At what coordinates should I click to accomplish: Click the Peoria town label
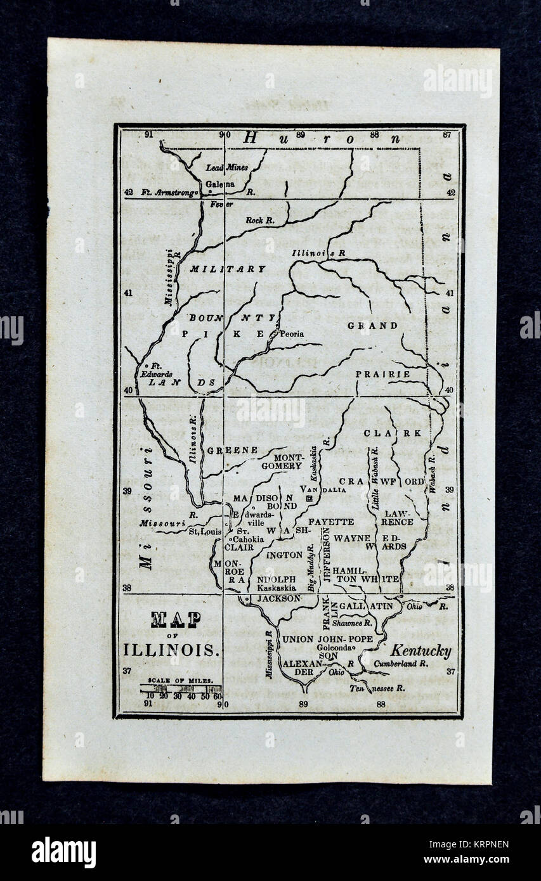(x=290, y=334)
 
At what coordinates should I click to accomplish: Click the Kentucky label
(x=420, y=651)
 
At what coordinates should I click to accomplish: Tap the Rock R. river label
(x=259, y=220)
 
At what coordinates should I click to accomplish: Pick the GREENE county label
(x=232, y=450)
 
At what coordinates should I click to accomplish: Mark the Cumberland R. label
(x=401, y=664)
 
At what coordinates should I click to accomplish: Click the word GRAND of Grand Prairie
(x=372, y=326)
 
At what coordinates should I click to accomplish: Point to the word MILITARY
(x=228, y=269)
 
